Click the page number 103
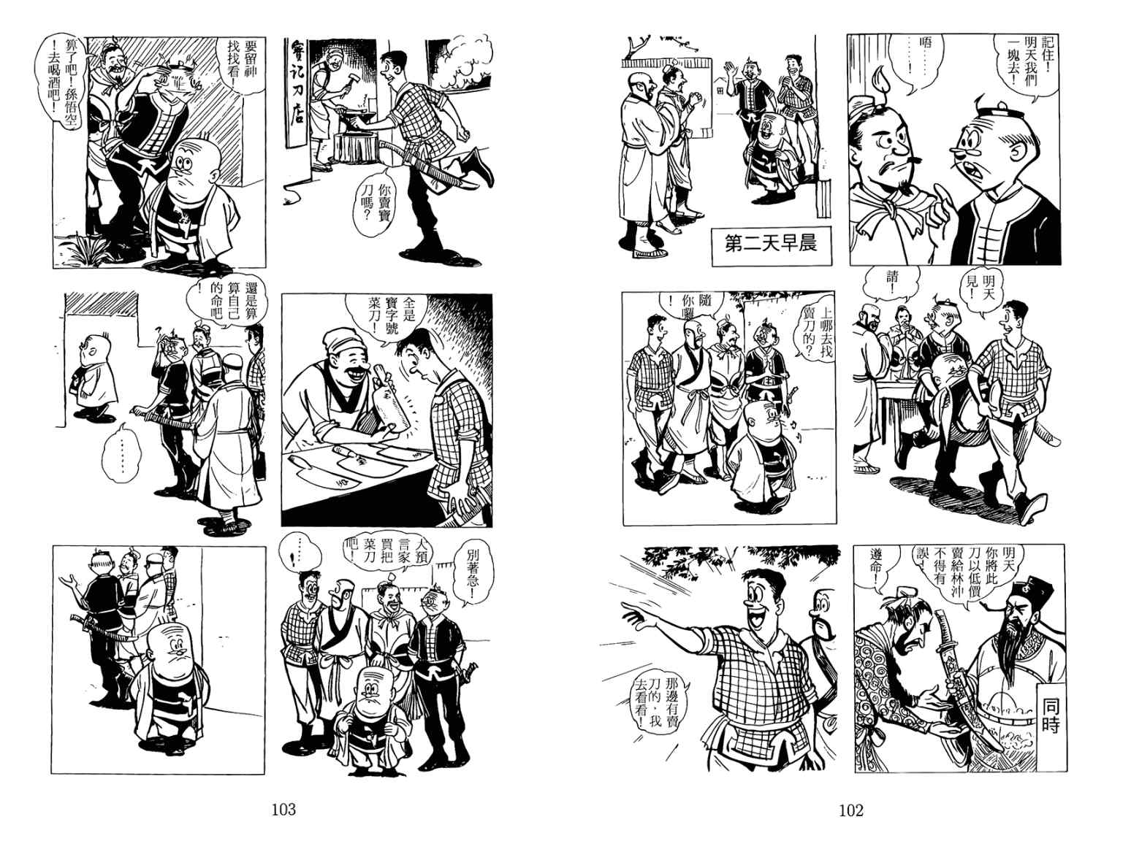coord(283,810)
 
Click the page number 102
coord(851,810)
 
